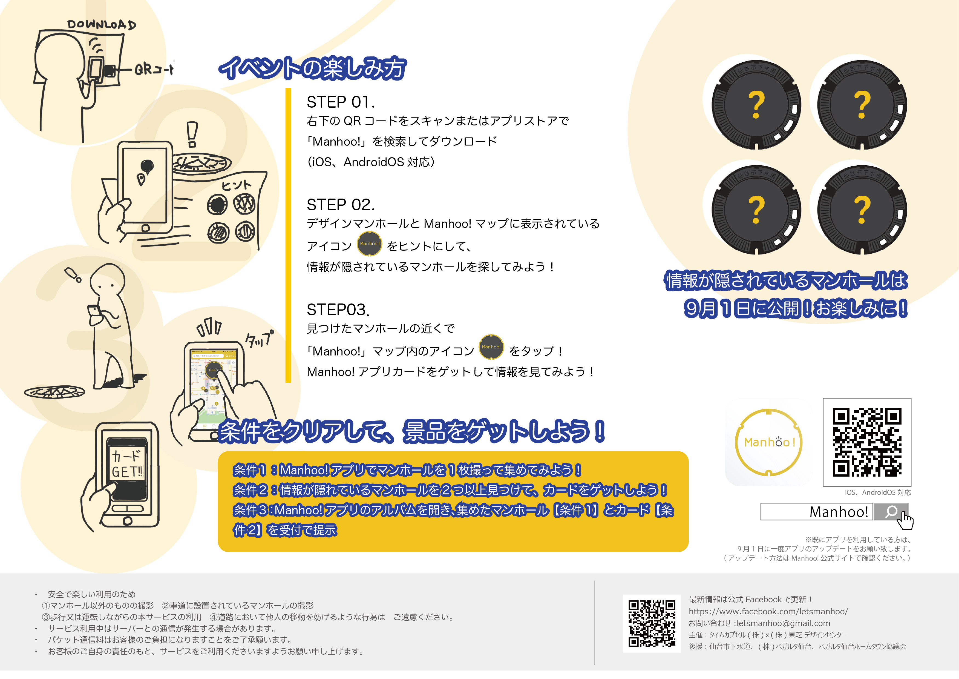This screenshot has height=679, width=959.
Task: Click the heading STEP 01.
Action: pyautogui.click(x=341, y=102)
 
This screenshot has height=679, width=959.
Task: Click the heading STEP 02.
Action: pyautogui.click(x=341, y=205)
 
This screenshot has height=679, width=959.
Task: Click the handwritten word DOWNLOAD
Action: pyautogui.click(x=102, y=25)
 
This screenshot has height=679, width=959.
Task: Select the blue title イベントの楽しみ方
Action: pyautogui.click(x=313, y=68)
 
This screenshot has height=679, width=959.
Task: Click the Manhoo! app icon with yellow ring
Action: pyautogui.click(x=768, y=442)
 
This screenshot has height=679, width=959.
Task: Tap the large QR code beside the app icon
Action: pyautogui.click(x=867, y=442)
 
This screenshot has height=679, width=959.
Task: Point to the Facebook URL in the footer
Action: pyautogui.click(x=768, y=611)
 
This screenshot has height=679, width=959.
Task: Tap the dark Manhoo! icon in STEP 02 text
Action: pyautogui.click(x=369, y=244)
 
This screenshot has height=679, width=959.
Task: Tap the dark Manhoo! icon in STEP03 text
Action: pyautogui.click(x=491, y=347)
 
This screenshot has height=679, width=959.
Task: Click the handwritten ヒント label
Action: pyautogui.click(x=237, y=185)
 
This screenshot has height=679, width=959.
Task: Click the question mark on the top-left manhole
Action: pyautogui.click(x=756, y=105)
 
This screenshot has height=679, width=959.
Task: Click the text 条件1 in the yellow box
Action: pyautogui.click(x=249, y=470)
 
